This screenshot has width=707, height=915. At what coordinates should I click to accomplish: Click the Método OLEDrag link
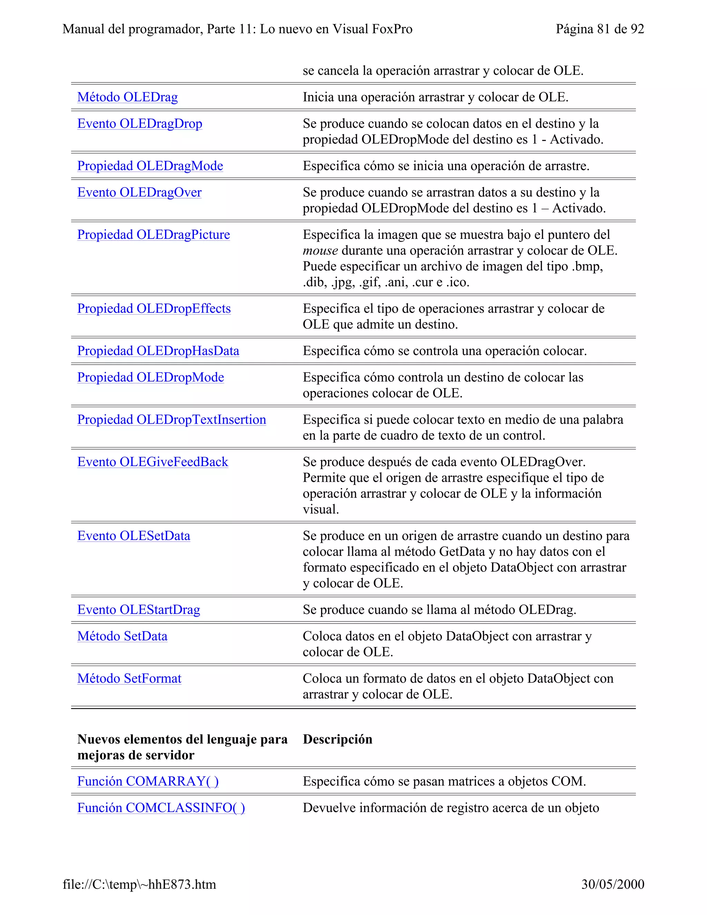[127, 97]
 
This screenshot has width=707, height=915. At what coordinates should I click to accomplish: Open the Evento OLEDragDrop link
[139, 124]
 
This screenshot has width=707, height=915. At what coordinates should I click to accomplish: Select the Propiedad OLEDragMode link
[150, 166]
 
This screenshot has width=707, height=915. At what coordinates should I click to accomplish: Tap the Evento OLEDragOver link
[139, 192]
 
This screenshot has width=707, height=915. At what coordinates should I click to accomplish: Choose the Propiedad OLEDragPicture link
[153, 234]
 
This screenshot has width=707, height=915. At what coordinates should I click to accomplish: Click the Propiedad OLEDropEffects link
[154, 308]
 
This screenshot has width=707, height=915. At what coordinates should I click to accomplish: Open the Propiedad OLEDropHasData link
[158, 351]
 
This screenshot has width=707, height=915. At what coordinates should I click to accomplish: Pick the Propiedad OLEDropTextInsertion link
[171, 420]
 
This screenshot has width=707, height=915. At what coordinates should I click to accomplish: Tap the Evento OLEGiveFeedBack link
[153, 462]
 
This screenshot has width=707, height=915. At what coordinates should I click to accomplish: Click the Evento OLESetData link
[134, 536]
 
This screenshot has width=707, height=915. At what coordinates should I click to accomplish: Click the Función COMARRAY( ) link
[148, 781]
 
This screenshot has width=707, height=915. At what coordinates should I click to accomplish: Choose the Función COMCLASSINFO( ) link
[161, 808]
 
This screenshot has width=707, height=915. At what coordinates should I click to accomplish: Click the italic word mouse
[320, 251]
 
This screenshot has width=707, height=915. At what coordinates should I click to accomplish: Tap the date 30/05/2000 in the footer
[612, 884]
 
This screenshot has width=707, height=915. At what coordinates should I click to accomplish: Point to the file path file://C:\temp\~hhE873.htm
[139, 884]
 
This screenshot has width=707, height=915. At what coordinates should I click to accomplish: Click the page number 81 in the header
[603, 29]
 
